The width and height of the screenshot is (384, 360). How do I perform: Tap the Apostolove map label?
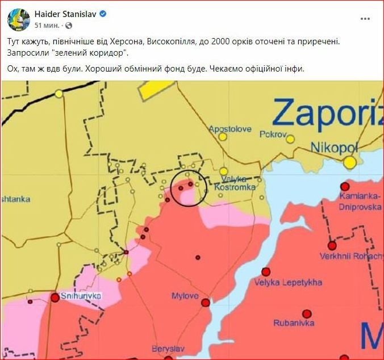(x=229, y=129)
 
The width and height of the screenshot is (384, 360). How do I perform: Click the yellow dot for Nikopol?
(x=350, y=162)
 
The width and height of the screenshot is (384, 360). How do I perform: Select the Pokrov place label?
(x=272, y=135)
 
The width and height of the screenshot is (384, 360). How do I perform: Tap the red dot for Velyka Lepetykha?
(x=265, y=271)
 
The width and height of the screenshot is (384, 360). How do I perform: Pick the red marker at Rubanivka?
(x=307, y=313)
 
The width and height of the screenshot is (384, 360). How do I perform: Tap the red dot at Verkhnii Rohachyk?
(x=332, y=245)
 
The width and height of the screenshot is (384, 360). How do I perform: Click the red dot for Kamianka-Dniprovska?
(x=344, y=186)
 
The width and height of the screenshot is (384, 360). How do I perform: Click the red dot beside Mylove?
(x=205, y=302)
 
